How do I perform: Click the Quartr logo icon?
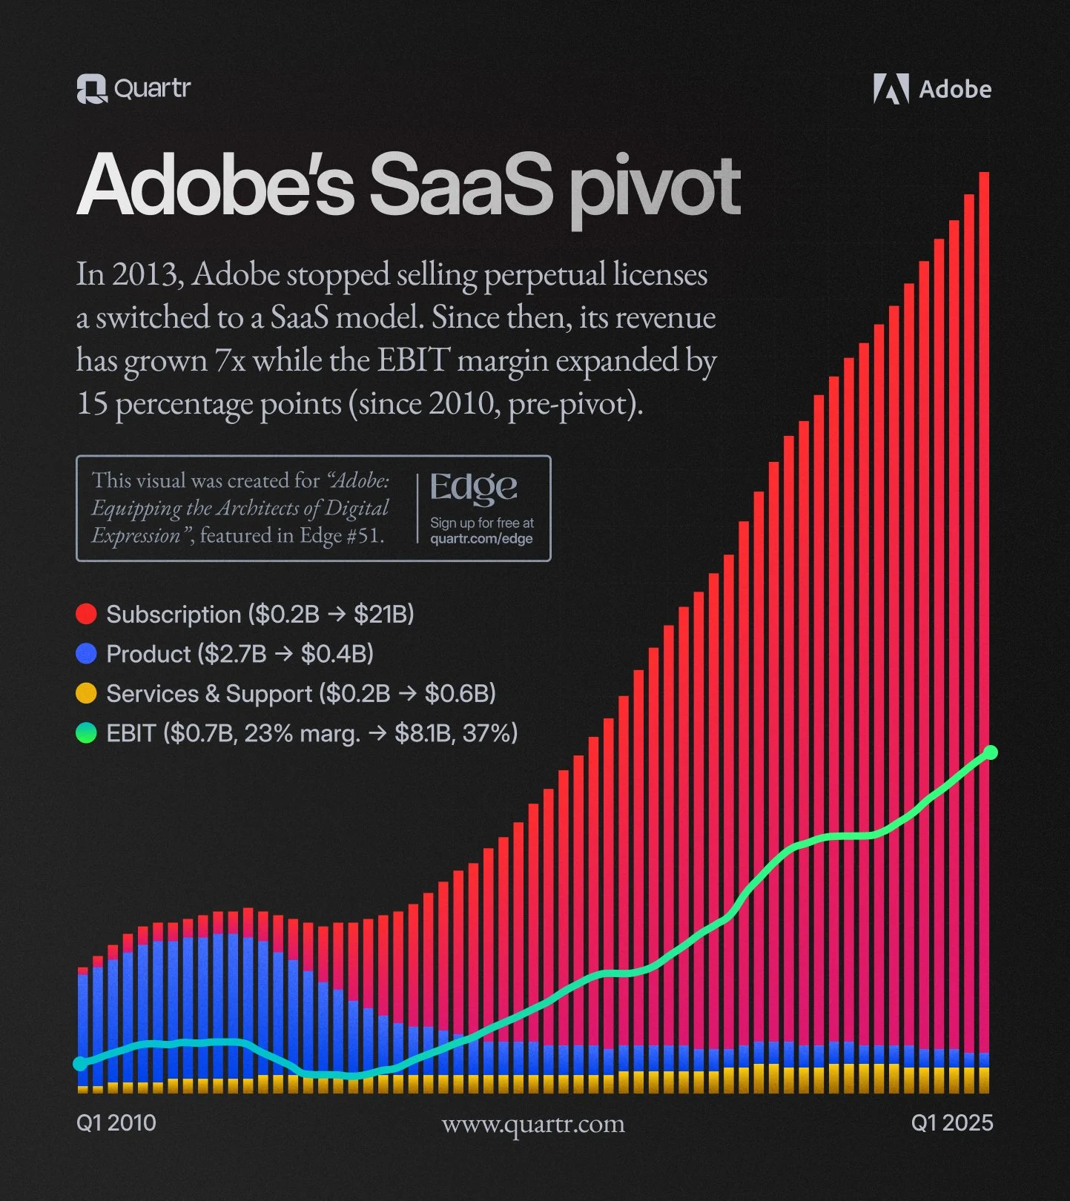click(92, 89)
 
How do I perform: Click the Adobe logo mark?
click(891, 89)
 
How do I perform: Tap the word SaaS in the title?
click(461, 185)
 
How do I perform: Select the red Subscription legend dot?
click(87, 614)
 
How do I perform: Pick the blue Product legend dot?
click(87, 653)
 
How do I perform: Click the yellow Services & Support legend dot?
click(87, 693)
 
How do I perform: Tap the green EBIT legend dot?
click(87, 733)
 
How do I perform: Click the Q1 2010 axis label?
click(116, 1122)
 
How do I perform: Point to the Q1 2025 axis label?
click(951, 1122)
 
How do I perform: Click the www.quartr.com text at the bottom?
click(533, 1124)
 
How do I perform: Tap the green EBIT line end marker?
click(991, 752)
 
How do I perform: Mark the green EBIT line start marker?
click(80, 1063)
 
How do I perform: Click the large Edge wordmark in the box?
click(473, 487)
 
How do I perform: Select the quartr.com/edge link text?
click(481, 539)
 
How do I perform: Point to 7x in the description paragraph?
click(229, 361)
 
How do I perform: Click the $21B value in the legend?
click(383, 615)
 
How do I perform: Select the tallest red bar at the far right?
click(984, 593)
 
